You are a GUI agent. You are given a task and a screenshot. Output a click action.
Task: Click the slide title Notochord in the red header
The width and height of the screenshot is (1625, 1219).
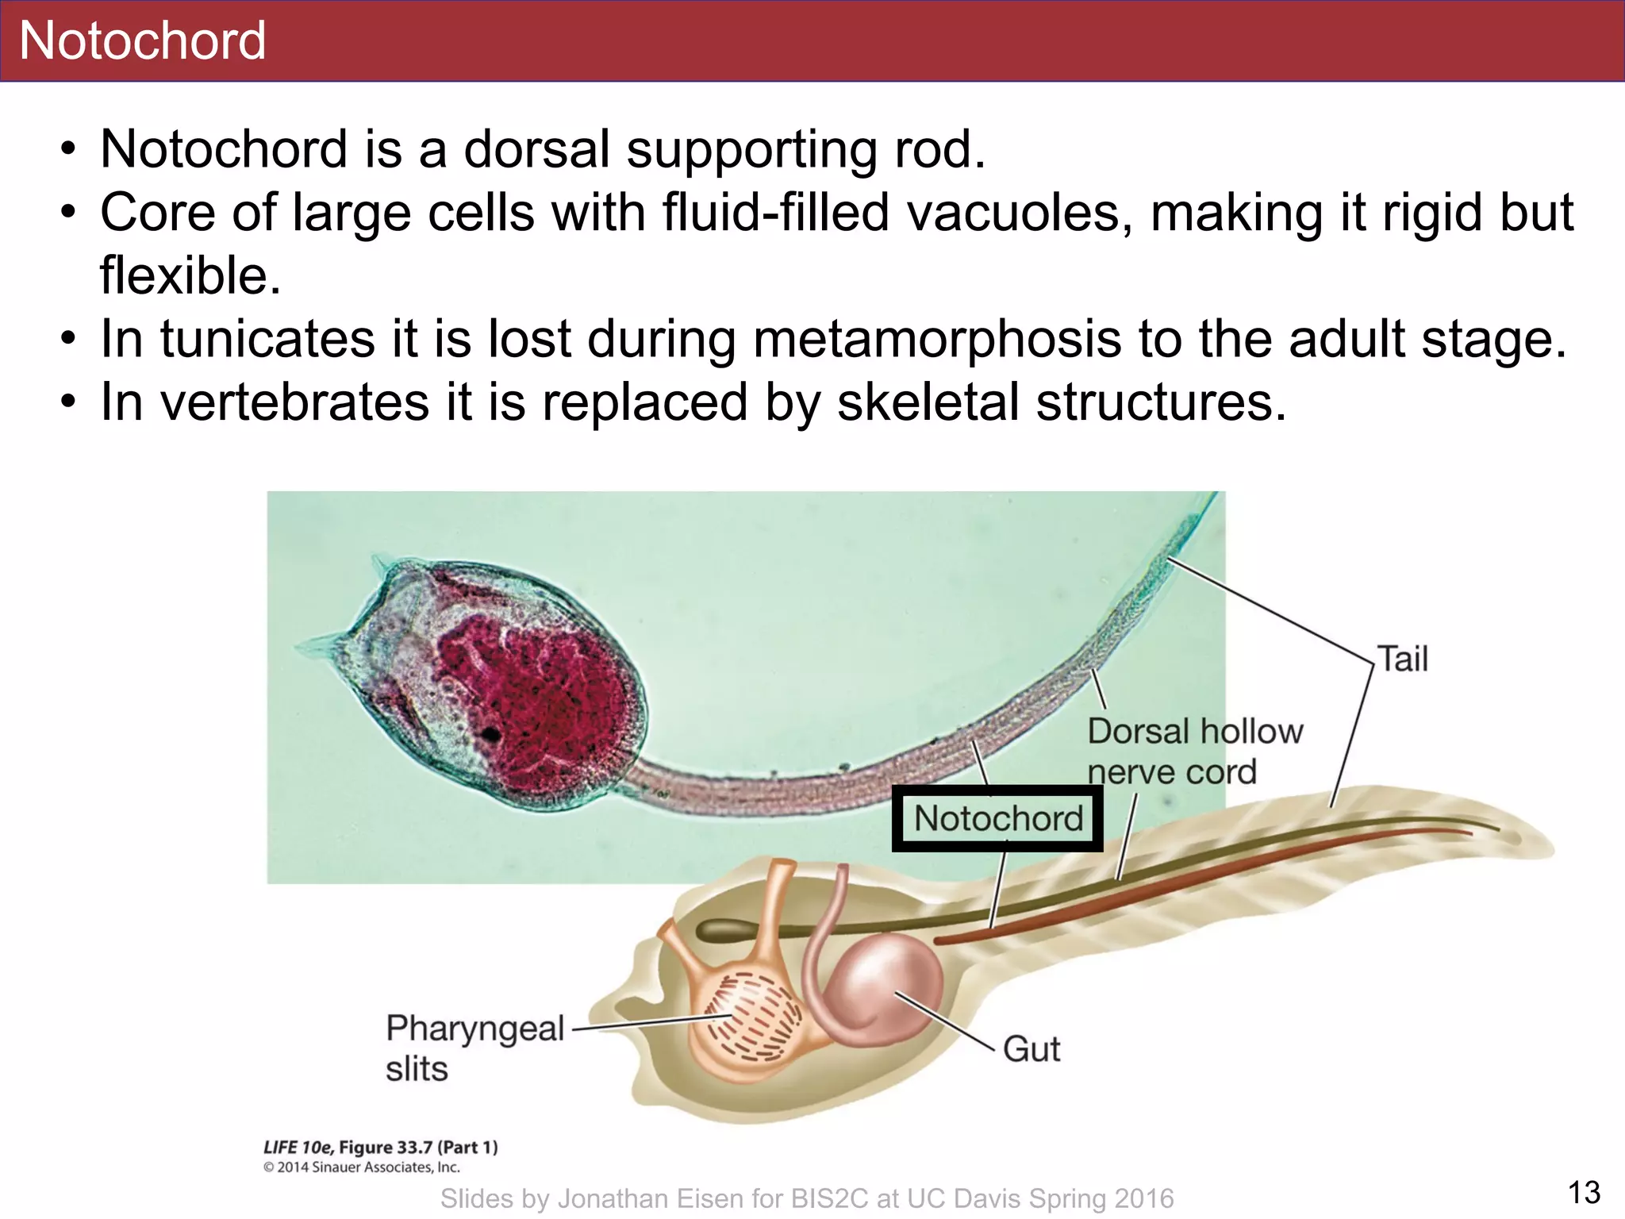[x=142, y=40]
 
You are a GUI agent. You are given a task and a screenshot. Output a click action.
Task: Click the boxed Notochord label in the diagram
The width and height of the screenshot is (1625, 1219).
[x=997, y=818]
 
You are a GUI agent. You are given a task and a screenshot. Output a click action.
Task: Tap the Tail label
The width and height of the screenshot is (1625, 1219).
[x=1402, y=659]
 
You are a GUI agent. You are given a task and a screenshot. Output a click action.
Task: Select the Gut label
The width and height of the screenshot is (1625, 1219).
[x=1031, y=1049]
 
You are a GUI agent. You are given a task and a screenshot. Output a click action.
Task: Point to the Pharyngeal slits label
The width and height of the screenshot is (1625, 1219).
[x=474, y=1048]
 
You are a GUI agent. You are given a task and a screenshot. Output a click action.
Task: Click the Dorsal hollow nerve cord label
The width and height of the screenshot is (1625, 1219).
[x=1194, y=751]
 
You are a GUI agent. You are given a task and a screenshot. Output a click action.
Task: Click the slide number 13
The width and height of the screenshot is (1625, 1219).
[x=1584, y=1193]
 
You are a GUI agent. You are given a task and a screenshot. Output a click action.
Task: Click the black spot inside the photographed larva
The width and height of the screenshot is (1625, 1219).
[x=492, y=734]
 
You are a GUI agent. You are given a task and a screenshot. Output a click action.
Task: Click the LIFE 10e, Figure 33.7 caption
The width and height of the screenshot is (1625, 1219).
[x=380, y=1147]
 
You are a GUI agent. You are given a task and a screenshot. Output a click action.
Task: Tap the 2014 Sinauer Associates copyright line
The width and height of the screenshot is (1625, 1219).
[x=361, y=1167]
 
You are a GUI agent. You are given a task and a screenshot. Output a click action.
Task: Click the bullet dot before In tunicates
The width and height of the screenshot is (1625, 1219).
[x=70, y=340]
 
